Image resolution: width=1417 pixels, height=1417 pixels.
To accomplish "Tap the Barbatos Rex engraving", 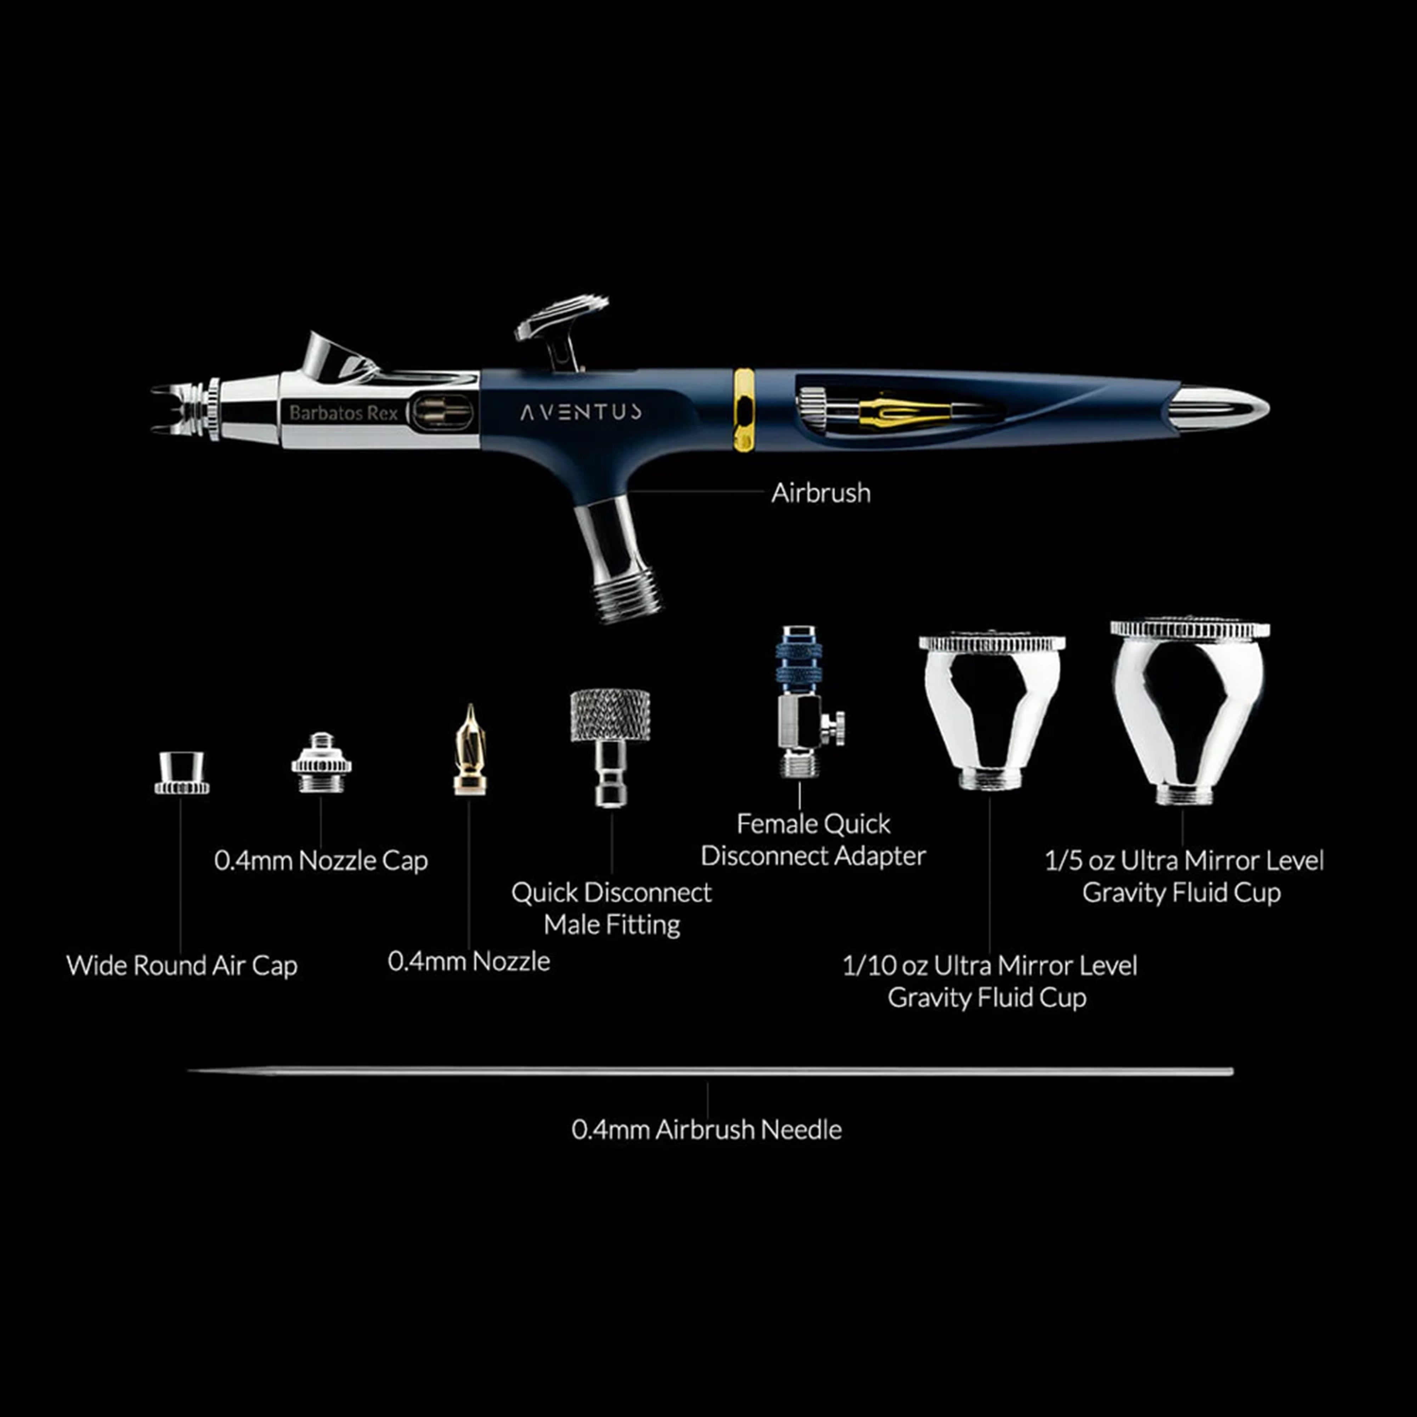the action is click(x=343, y=413).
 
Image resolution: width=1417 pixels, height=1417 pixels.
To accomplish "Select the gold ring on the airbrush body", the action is click(x=744, y=410).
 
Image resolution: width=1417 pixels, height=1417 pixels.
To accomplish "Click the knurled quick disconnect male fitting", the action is click(x=610, y=747).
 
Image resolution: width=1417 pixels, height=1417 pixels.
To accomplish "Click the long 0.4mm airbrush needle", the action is click(x=710, y=1072).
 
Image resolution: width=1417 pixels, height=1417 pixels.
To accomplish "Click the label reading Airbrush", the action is click(x=821, y=493).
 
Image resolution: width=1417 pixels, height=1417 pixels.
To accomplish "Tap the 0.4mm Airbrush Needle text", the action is click(x=706, y=1129).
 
